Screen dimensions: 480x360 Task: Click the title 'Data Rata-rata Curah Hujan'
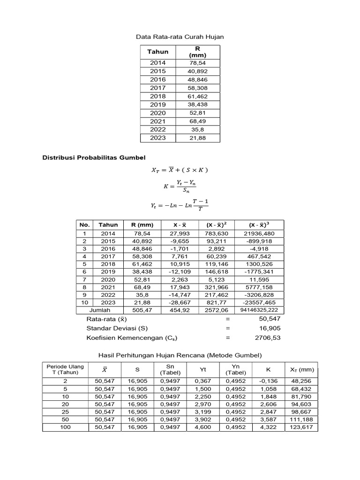tap(180, 36)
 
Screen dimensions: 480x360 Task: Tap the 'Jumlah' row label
tap(100, 310)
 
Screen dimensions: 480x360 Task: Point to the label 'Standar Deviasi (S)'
tap(117, 328)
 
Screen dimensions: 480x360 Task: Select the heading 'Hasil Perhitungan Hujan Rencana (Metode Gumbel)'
tap(180, 355)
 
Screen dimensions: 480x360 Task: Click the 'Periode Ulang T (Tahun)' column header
tap(65, 369)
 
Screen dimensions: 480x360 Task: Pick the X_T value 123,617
tap(300, 427)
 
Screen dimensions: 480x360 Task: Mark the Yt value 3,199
tap(203, 412)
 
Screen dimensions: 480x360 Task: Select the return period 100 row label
tap(65, 427)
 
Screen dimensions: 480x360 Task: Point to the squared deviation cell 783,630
tap(216, 233)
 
